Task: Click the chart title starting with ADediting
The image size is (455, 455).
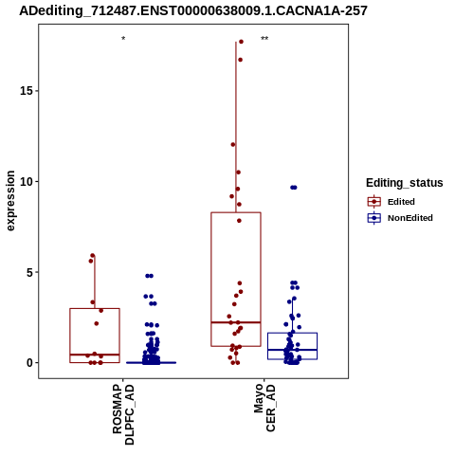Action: [x=193, y=10]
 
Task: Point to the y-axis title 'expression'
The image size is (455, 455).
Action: [x=10, y=201]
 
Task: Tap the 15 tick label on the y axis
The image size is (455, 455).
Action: [x=27, y=91]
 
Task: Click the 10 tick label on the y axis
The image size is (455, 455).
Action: [x=27, y=181]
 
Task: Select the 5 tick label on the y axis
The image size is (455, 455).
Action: [x=29, y=272]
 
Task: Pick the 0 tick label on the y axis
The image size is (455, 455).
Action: [x=29, y=363]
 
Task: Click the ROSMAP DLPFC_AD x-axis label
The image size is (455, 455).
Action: [x=123, y=414]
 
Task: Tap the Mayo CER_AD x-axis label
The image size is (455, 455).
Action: [x=264, y=408]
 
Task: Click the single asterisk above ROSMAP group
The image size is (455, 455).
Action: [x=123, y=39]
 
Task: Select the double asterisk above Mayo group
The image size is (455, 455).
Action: [x=264, y=39]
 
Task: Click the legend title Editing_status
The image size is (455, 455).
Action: [x=405, y=183]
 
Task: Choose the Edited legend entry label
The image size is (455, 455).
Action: [x=401, y=202]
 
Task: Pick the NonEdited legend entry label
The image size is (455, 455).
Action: [x=410, y=218]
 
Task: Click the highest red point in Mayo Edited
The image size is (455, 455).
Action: [x=241, y=42]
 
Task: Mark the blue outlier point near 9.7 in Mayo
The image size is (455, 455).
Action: [x=294, y=188]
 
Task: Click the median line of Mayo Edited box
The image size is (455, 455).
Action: [x=236, y=322]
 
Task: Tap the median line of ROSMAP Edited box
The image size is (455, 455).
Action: [x=95, y=355]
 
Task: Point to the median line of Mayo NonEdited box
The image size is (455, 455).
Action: [x=292, y=350]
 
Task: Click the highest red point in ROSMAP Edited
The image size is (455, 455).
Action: [x=93, y=255]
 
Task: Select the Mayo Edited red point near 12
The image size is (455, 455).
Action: [x=233, y=145]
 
